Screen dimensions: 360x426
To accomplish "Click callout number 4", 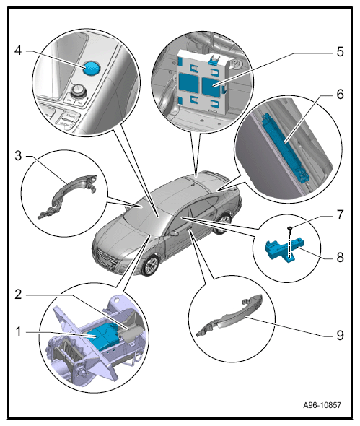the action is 18,51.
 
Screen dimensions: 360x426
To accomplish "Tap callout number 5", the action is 341,51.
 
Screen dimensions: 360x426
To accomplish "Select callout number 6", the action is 341,95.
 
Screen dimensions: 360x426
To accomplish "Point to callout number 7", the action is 341,214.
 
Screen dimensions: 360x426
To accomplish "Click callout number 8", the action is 341,257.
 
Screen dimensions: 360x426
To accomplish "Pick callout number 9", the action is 341,335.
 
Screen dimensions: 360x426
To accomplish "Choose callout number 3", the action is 18,156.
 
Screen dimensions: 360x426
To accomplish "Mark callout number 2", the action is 18,295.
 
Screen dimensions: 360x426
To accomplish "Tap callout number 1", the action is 18,331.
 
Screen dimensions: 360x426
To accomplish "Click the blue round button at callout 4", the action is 91,67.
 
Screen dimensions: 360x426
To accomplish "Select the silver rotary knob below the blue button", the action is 78,90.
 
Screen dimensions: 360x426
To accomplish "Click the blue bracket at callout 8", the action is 283,249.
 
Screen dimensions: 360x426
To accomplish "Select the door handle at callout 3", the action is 67,196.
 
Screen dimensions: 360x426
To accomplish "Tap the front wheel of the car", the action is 150,266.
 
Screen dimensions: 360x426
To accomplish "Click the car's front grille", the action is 107,259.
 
